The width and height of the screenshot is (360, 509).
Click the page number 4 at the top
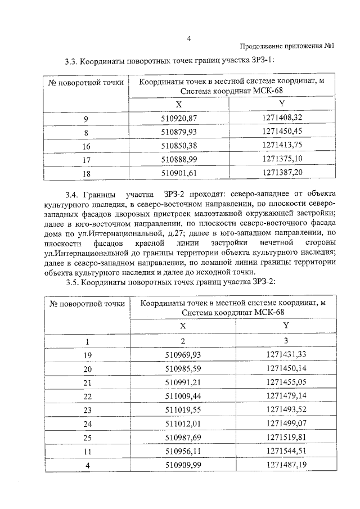(189, 39)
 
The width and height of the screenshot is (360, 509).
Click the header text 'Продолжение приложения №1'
(287, 47)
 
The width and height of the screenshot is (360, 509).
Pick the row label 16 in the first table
(86, 146)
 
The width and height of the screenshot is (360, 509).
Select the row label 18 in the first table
(86, 174)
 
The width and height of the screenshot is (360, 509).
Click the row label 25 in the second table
(87, 438)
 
